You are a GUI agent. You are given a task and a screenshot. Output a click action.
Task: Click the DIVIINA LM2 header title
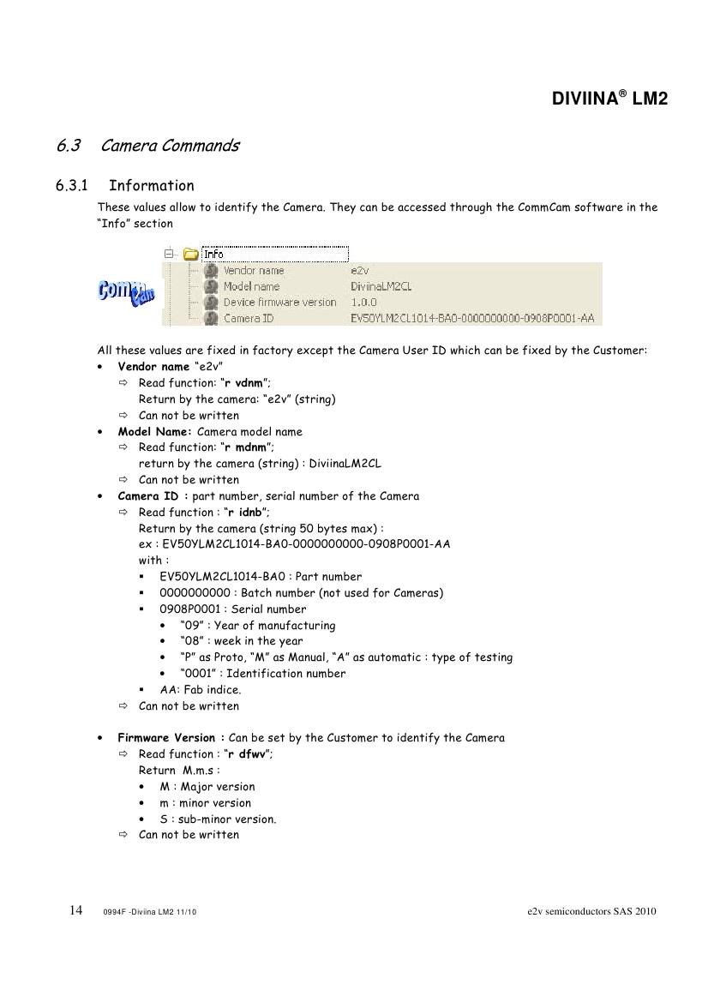point(609,99)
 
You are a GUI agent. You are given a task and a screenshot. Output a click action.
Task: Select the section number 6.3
point(69,146)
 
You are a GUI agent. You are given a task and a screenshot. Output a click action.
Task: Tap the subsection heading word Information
point(152,186)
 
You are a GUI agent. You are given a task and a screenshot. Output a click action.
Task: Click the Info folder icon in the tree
point(190,254)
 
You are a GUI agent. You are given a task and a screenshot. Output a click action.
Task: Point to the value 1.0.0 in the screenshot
point(364,303)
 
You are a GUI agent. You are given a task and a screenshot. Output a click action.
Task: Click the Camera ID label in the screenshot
point(249,319)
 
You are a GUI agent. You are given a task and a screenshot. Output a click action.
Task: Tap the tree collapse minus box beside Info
point(169,254)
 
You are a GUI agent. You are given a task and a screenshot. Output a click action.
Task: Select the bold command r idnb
point(246,513)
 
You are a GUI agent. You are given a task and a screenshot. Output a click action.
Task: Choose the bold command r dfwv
point(248,754)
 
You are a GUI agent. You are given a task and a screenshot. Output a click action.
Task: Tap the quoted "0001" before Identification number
point(196,674)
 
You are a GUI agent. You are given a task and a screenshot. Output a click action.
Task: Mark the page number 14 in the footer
point(75,910)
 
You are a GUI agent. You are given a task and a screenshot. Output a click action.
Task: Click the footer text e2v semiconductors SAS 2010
point(591,911)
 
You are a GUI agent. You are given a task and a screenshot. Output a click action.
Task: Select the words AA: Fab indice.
point(201,690)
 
